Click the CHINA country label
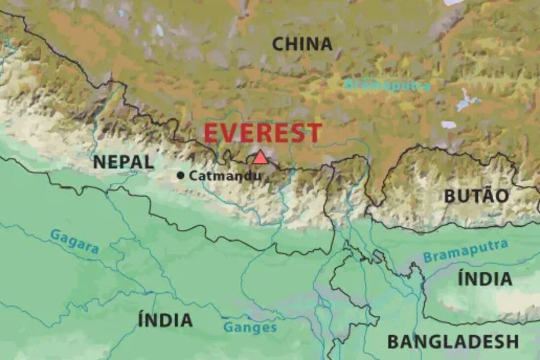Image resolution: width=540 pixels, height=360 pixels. tap(302, 44)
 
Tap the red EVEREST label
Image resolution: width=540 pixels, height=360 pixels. tap(263, 133)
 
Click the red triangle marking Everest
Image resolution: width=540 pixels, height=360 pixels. tap(260, 157)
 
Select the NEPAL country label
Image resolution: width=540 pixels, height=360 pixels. tap(123, 162)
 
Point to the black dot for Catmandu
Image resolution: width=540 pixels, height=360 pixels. tap(181, 175)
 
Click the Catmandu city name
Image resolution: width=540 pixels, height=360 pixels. tap(225, 175)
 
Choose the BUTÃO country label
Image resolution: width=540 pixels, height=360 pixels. tap(476, 196)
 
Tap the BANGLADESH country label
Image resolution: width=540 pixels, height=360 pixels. tap(453, 341)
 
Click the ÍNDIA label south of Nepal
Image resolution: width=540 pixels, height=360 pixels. tap(165, 320)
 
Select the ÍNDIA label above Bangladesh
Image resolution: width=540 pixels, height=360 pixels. tap(485, 279)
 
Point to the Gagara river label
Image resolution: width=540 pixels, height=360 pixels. tap(74, 241)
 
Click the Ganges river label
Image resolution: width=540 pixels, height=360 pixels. tap(250, 327)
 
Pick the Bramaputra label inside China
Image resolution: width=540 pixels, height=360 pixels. tap(388, 85)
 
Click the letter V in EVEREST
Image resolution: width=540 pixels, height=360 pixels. tap(229, 133)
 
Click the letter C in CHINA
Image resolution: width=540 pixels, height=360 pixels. tap(279, 44)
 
